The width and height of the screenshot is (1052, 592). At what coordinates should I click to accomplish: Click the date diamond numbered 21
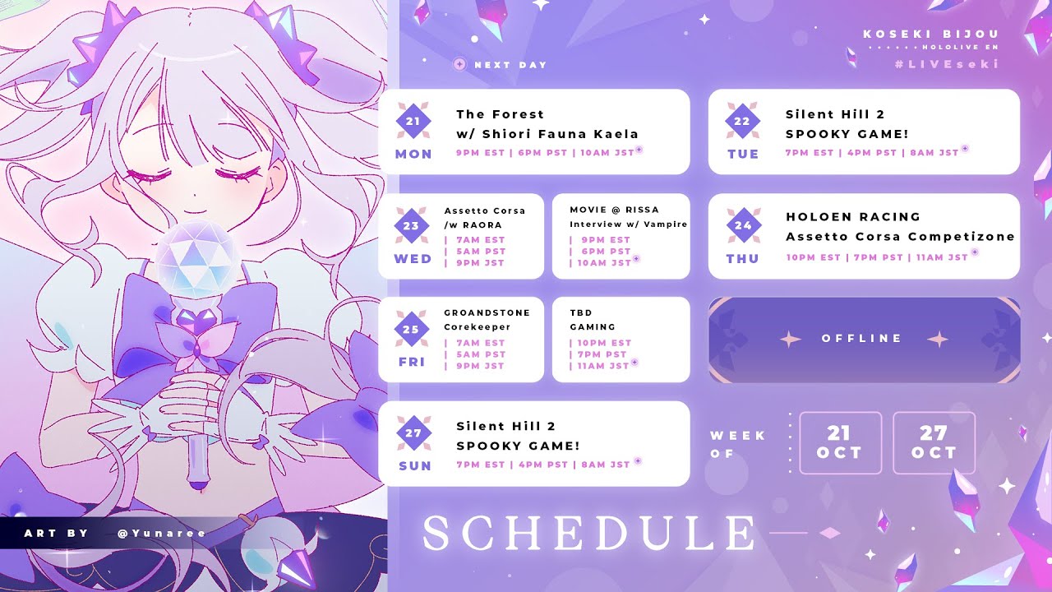point(413,121)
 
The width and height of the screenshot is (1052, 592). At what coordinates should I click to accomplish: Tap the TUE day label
point(743,154)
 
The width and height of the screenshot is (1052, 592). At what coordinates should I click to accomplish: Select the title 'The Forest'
point(501,114)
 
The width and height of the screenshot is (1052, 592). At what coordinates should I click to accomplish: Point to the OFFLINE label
point(862,338)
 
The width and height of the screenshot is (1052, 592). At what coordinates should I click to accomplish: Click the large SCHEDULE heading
point(589,533)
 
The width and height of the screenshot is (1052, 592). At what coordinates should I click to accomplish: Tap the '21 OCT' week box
point(840,442)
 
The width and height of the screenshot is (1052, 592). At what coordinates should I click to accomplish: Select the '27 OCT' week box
point(934,442)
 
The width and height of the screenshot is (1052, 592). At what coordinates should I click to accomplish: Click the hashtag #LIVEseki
point(947,64)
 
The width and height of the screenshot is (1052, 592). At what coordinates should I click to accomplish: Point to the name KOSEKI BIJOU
point(931,34)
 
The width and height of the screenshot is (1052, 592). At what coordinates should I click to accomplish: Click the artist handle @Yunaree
point(162,534)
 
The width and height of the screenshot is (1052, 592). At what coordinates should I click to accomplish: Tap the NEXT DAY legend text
point(511,65)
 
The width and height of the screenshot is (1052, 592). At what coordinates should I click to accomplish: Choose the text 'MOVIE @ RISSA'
point(614,210)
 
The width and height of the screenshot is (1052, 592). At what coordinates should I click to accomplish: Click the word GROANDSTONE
point(487,313)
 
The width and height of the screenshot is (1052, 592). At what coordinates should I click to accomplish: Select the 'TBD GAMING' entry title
point(593,320)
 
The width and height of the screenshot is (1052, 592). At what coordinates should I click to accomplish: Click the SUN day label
point(415,466)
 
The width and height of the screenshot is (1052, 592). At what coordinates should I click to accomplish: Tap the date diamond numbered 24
point(743,225)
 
